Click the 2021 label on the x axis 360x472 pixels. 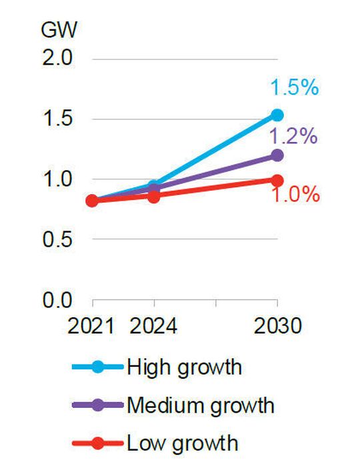(x=92, y=327)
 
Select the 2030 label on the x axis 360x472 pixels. (x=277, y=327)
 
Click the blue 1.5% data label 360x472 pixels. (x=293, y=87)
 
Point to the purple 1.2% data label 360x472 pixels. (x=293, y=137)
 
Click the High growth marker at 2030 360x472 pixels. (x=277, y=115)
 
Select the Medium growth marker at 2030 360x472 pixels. (x=277, y=155)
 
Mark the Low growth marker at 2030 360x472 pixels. (x=277, y=180)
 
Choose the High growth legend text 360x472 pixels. (x=184, y=367)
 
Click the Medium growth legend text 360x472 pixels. (x=200, y=405)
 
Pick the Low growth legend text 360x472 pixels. (x=181, y=442)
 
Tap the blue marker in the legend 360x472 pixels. (x=98, y=367)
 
